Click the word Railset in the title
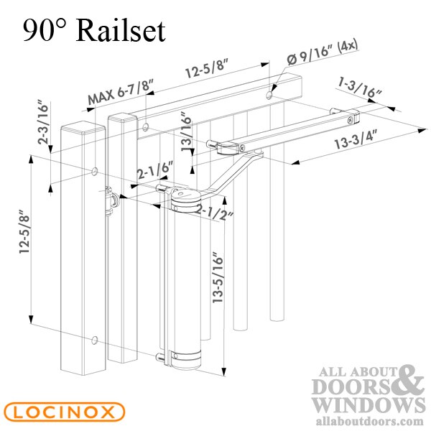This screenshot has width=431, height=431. [x=121, y=30]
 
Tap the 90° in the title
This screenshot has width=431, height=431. [x=45, y=31]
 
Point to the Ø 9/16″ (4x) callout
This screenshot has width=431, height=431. [x=322, y=54]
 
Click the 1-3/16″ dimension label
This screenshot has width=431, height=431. [x=360, y=88]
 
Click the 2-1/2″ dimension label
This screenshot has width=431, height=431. [x=215, y=212]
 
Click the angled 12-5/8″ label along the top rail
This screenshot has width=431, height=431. [x=207, y=69]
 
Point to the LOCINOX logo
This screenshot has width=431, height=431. [x=65, y=412]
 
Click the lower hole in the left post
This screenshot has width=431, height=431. [x=95, y=340]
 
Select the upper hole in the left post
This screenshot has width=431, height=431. [x=95, y=171]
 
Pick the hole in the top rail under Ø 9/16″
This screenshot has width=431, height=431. [x=269, y=95]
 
